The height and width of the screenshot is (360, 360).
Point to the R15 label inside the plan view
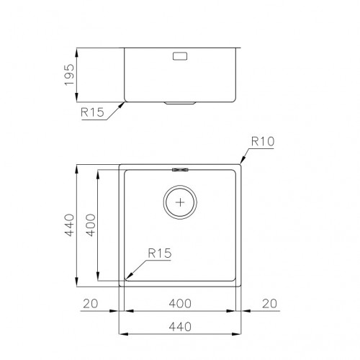[x=158, y=253]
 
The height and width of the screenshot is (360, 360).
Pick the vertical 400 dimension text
[x=91, y=225]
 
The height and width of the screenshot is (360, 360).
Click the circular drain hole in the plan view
[x=179, y=202]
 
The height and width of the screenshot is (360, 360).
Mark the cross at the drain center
[x=179, y=202]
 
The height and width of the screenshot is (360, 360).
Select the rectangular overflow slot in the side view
[x=180, y=55]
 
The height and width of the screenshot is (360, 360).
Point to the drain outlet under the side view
[x=180, y=103]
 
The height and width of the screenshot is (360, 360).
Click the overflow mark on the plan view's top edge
[x=180, y=170]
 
